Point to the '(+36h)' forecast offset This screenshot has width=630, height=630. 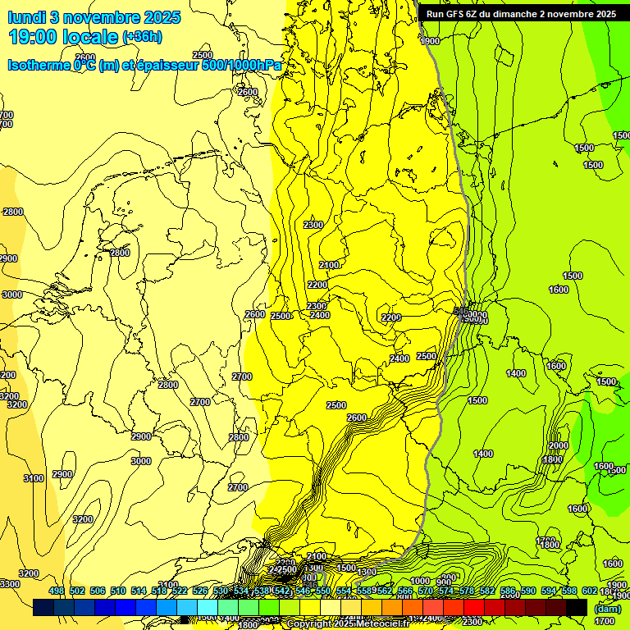tap(142, 37)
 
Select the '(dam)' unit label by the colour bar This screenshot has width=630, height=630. tap(607, 608)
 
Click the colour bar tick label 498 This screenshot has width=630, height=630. tap(57, 591)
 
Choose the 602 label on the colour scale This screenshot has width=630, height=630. tap(589, 591)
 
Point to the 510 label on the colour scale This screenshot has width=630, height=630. tap(118, 591)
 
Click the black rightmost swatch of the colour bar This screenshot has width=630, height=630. tap(577, 607)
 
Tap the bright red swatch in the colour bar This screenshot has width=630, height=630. tap(474, 607)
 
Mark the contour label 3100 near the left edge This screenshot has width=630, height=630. tap(34, 478)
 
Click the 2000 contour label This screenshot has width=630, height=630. tap(558, 445)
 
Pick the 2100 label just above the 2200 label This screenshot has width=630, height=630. tap(329, 265)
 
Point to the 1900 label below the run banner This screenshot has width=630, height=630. tap(429, 41)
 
